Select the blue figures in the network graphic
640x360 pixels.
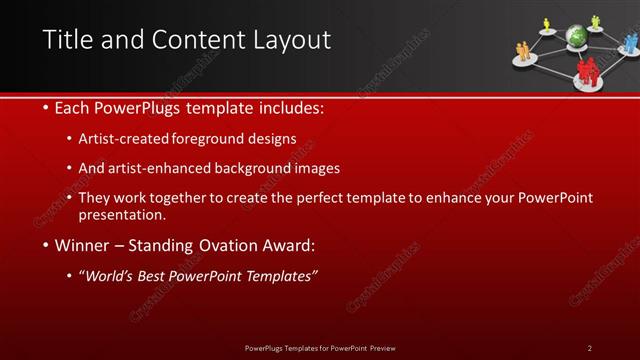pyautogui.click(x=630, y=43)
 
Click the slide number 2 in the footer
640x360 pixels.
pyautogui.click(x=589, y=347)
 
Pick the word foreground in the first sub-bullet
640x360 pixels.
pyautogui.click(x=213, y=139)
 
